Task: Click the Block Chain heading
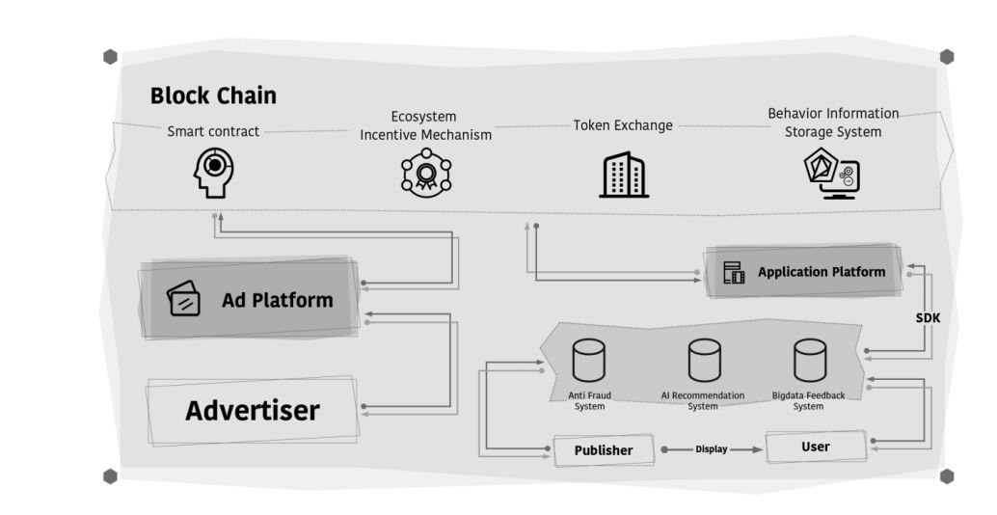click(x=213, y=95)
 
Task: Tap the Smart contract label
click(x=213, y=131)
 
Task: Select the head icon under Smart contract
click(x=214, y=172)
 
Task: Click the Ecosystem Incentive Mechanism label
click(x=425, y=126)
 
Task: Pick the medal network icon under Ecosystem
click(x=425, y=173)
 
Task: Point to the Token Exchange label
click(x=623, y=125)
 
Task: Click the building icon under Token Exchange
click(x=623, y=175)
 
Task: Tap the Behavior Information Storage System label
click(x=833, y=122)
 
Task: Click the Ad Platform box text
click(x=277, y=300)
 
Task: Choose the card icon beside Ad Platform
click(x=184, y=299)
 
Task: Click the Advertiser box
click(x=252, y=411)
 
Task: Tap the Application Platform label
click(x=821, y=272)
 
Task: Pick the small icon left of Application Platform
click(x=734, y=273)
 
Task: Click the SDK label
click(x=928, y=317)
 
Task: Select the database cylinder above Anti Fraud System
click(x=588, y=361)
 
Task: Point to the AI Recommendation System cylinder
click(x=703, y=361)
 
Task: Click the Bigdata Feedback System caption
click(x=808, y=400)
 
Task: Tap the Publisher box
click(x=604, y=450)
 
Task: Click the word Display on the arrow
click(x=712, y=449)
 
